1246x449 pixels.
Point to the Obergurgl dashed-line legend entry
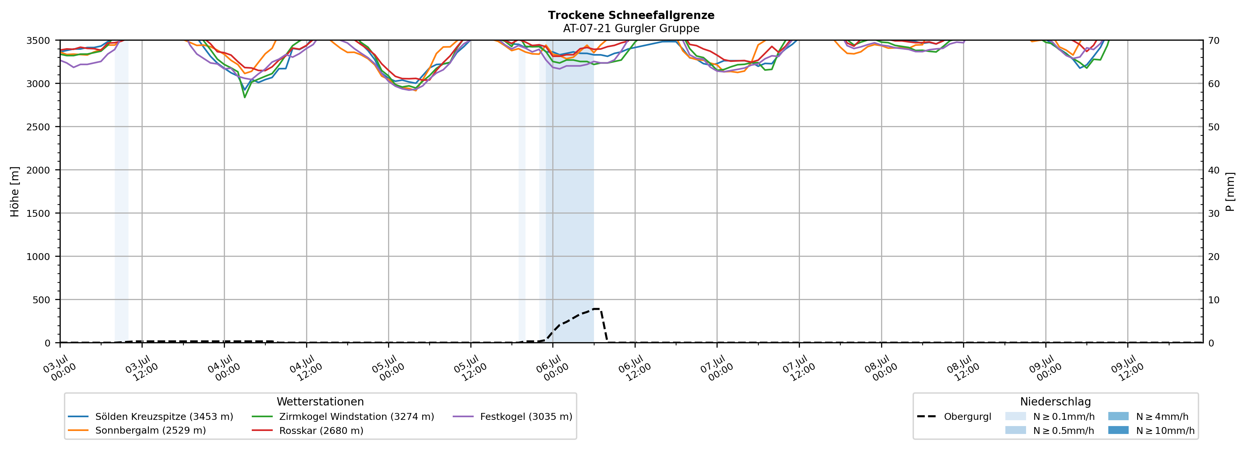tap(954, 417)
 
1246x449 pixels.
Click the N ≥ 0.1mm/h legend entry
tap(1050, 417)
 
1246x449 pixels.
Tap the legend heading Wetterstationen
tap(320, 402)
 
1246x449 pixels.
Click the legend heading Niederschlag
tap(1056, 402)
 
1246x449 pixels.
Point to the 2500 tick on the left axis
tap(38, 127)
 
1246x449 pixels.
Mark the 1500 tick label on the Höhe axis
tap(38, 214)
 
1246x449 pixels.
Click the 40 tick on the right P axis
tap(1214, 170)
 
